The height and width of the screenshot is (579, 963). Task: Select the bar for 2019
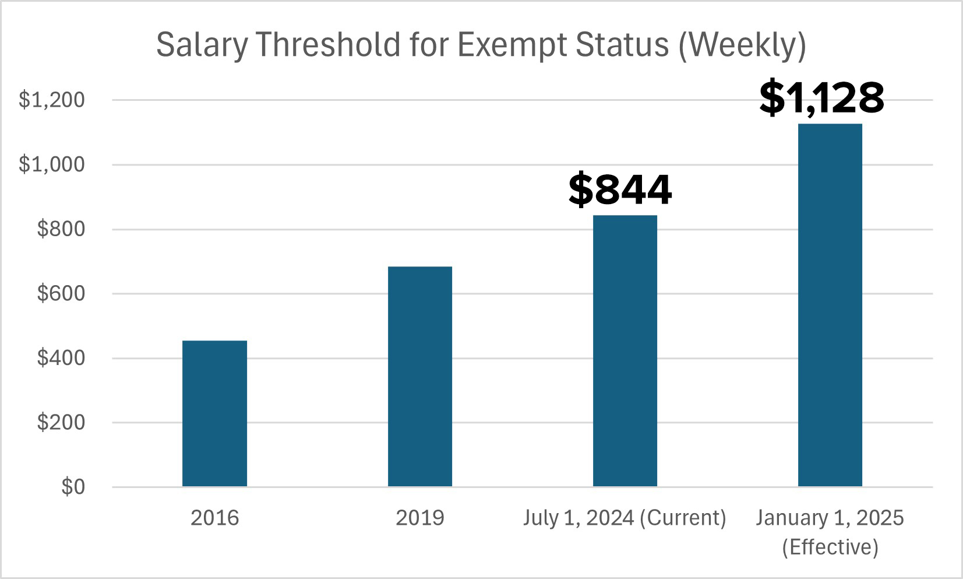(x=419, y=376)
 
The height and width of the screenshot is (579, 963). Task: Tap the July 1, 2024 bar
(x=625, y=350)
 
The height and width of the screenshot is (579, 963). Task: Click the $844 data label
(x=620, y=190)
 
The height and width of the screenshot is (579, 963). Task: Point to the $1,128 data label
(x=821, y=97)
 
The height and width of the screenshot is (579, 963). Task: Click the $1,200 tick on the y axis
(x=52, y=100)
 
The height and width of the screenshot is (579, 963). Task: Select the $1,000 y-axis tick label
(x=52, y=164)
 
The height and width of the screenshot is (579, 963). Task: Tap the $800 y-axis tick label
(x=61, y=229)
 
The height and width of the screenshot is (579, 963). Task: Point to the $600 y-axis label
(x=61, y=293)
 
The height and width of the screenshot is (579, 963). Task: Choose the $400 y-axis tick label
(x=61, y=358)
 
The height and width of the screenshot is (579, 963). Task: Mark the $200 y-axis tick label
(x=61, y=422)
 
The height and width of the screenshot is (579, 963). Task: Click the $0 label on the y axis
(x=73, y=487)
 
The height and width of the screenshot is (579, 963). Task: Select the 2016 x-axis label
(x=214, y=518)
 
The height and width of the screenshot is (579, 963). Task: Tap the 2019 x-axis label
(x=419, y=518)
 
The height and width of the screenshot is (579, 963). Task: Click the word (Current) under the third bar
(x=683, y=518)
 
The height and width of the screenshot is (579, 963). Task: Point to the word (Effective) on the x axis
(x=830, y=548)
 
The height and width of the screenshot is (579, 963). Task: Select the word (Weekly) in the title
(x=742, y=45)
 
